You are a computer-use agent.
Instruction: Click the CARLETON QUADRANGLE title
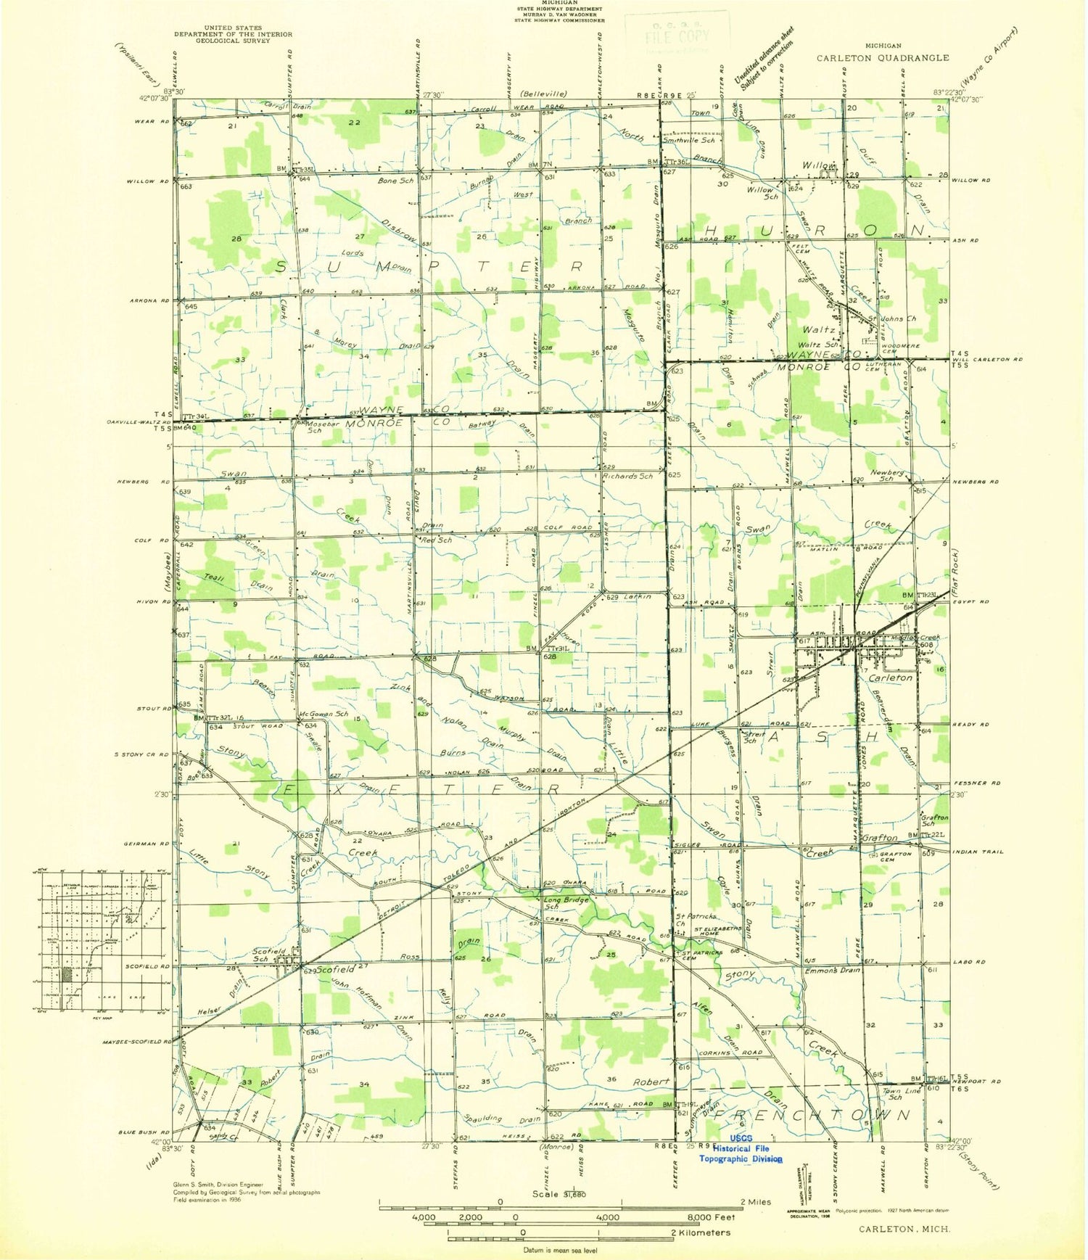pos(882,58)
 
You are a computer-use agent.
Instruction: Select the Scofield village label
pos(334,969)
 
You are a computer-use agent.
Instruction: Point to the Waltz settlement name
pos(817,329)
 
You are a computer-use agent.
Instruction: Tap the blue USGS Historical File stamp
pos(741,1148)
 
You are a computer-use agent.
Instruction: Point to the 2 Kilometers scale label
pos(700,1232)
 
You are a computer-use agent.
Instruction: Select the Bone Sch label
pos(395,180)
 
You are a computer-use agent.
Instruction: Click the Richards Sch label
pos(627,476)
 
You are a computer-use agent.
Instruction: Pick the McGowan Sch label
pos(324,714)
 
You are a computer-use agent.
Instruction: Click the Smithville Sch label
pos(689,140)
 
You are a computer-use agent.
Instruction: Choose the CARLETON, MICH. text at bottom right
pos(904,1230)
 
